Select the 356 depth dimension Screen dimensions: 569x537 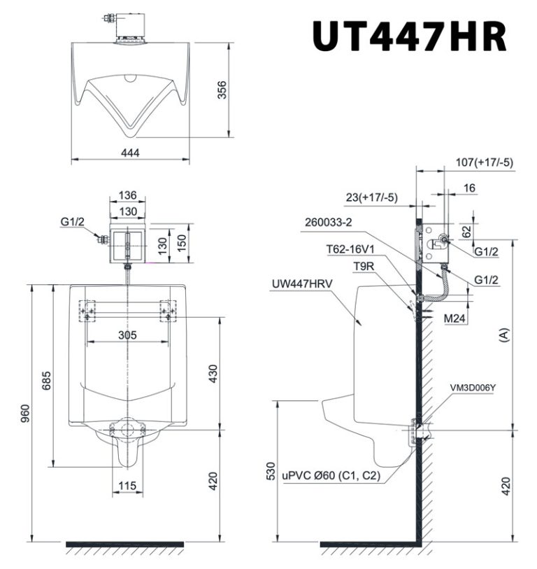point(222,91)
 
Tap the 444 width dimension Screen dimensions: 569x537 point(130,153)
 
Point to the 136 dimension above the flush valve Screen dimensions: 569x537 point(127,196)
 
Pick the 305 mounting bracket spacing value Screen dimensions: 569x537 point(127,335)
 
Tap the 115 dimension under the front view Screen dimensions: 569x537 point(127,484)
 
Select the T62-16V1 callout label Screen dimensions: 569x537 point(350,248)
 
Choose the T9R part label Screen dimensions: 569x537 point(361,266)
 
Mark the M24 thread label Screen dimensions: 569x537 point(456,318)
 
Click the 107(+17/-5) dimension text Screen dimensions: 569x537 point(483,162)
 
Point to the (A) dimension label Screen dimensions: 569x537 point(504,336)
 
